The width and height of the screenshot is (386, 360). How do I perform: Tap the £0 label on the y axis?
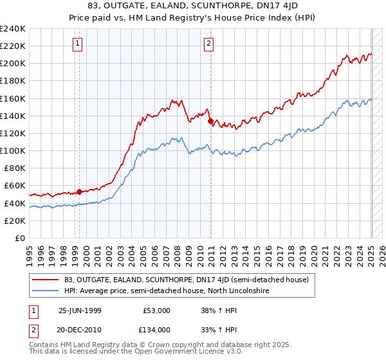20,238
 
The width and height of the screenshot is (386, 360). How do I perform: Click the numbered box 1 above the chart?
78,44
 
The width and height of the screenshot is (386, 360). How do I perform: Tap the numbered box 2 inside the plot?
209,44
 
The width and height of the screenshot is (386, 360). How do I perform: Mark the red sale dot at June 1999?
80,191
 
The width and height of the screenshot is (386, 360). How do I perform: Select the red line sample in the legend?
45,280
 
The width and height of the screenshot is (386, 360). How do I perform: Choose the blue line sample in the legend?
45,291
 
